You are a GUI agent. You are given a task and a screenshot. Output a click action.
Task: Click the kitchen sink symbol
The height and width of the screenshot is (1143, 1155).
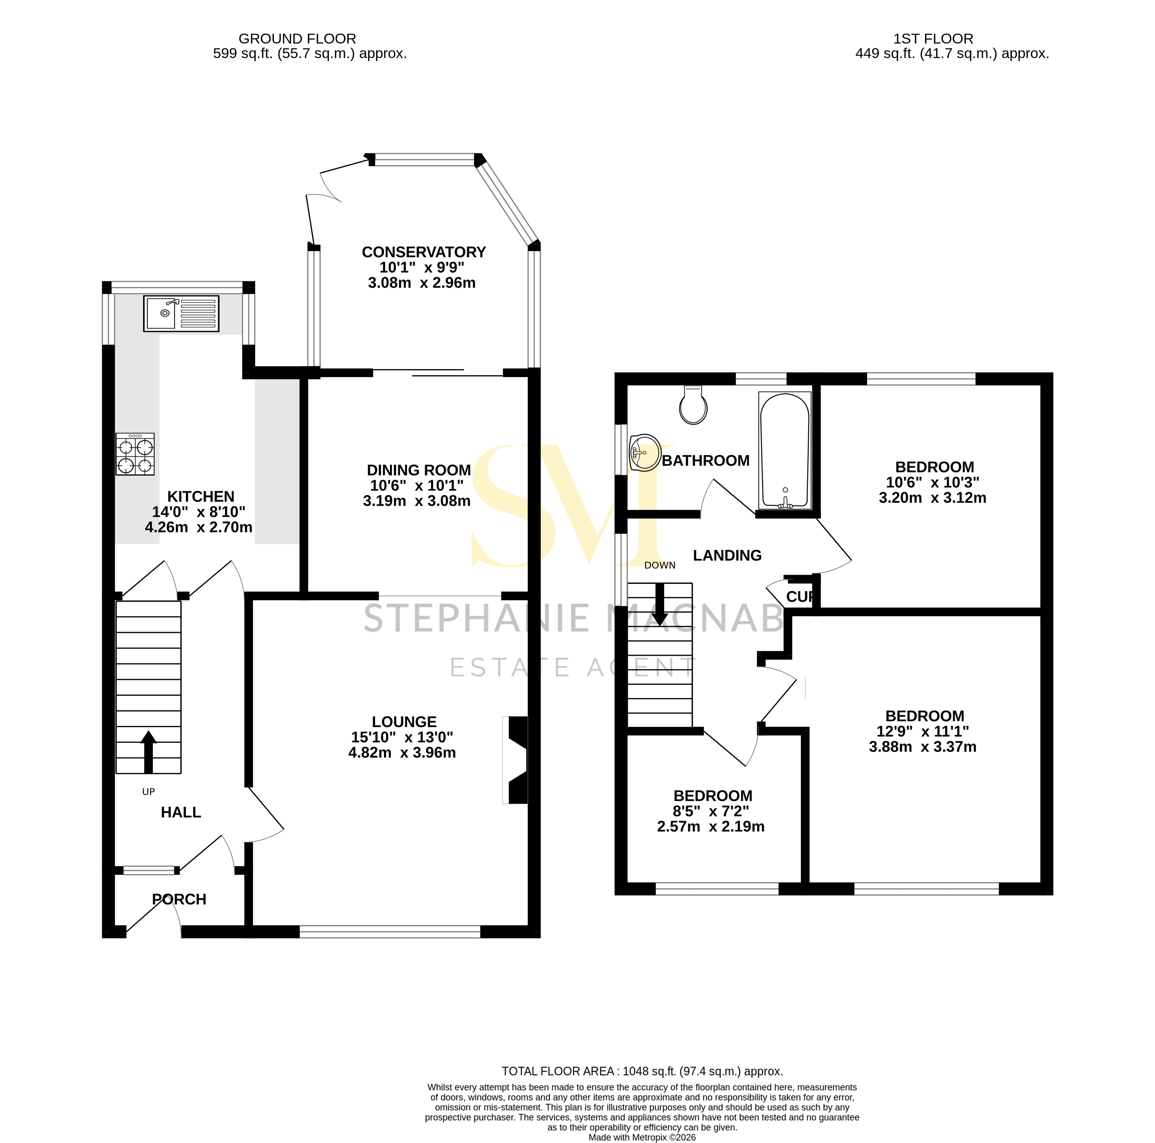click(x=181, y=313)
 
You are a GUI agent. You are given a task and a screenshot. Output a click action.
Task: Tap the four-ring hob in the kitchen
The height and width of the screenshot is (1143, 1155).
click(x=135, y=455)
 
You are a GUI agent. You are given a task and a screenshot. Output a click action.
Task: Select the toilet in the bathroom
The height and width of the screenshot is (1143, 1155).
click(x=693, y=406)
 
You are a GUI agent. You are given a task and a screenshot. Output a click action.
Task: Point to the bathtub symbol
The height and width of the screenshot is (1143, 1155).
click(x=785, y=450)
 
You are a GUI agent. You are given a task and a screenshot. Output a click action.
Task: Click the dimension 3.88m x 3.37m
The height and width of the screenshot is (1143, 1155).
click(x=922, y=746)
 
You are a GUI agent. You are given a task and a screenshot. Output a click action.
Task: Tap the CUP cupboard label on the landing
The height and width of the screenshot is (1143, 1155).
click(x=799, y=596)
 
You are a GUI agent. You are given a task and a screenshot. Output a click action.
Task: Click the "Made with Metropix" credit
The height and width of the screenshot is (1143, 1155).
click(x=642, y=1137)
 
